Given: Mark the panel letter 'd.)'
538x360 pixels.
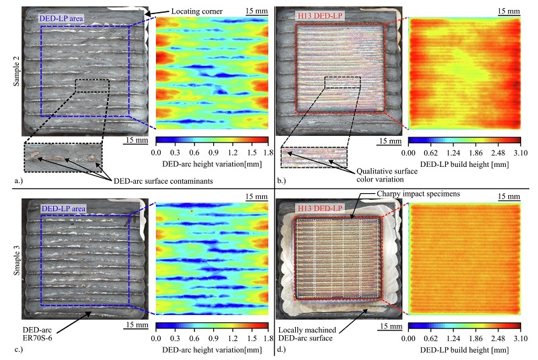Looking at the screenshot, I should (x=281, y=349).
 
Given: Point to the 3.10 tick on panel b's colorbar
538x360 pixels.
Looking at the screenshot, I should (x=519, y=153).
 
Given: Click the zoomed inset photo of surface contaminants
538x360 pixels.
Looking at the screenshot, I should (x=63, y=157).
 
